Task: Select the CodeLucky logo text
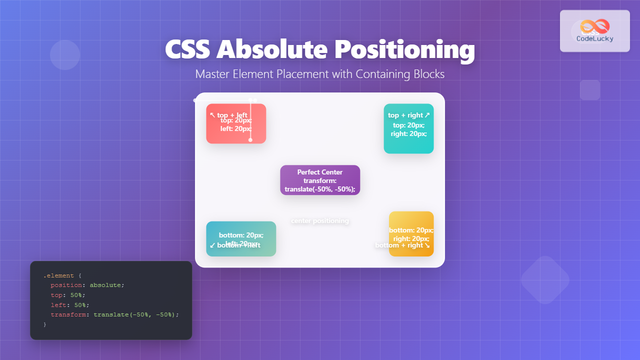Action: pyautogui.click(x=595, y=38)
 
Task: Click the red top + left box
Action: pyautogui.click(x=236, y=123)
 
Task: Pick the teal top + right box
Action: pyautogui.click(x=408, y=128)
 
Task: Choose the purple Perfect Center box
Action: pyautogui.click(x=320, y=180)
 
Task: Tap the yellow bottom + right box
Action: pyautogui.click(x=411, y=233)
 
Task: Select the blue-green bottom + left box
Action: pyautogui.click(x=241, y=238)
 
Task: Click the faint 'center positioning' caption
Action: pyautogui.click(x=320, y=221)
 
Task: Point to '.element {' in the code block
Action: pyautogui.click(x=58, y=275)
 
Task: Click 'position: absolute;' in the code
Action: pyautogui.click(x=87, y=285)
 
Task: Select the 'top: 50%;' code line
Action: pyautogui.click(x=68, y=295)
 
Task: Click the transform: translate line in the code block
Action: pyautogui.click(x=114, y=314)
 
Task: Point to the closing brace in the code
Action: pyautogui.click(x=45, y=324)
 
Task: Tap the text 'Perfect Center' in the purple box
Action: pyautogui.click(x=320, y=172)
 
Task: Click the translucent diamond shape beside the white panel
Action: pyautogui.click(x=545, y=280)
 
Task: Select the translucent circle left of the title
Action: pyautogui.click(x=65, y=55)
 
